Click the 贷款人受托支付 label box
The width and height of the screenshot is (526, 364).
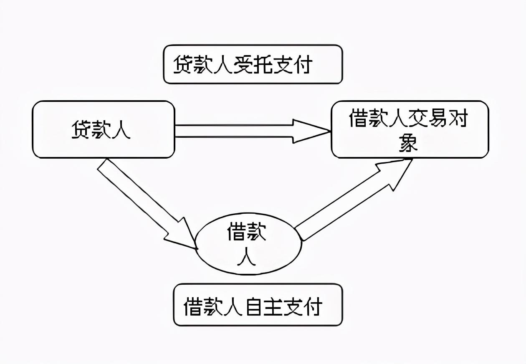[x=253, y=65]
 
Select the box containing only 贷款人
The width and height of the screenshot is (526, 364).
[x=104, y=129]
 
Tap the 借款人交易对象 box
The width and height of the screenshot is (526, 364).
[x=410, y=129]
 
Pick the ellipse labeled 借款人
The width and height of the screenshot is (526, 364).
[x=248, y=244]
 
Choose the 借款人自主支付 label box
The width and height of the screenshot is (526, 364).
[x=258, y=305]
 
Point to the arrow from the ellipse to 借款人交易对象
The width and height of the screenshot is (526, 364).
[x=346, y=200]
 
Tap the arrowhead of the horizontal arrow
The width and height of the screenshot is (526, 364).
[x=311, y=131]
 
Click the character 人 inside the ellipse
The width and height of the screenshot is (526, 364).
[x=246, y=258]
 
